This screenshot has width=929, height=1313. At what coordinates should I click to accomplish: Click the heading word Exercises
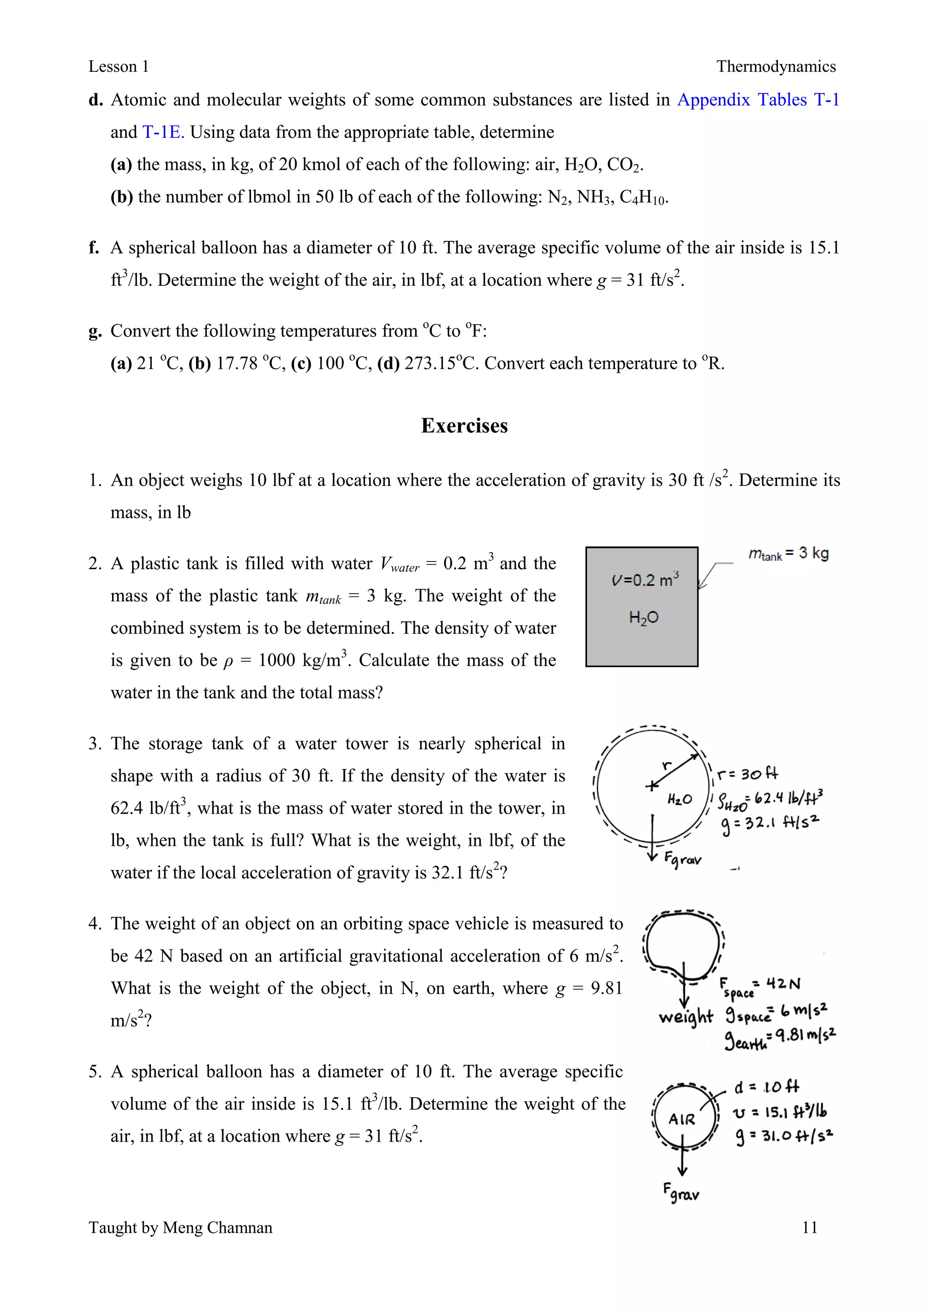pyautogui.click(x=464, y=426)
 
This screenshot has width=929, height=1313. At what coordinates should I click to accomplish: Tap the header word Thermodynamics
pyautogui.click(x=776, y=67)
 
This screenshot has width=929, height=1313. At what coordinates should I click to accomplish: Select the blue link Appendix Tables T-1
pyautogui.click(x=758, y=100)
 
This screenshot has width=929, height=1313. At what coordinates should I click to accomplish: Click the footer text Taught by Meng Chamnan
pyautogui.click(x=180, y=1227)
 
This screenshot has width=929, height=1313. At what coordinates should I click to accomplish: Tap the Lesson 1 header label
pyautogui.click(x=118, y=67)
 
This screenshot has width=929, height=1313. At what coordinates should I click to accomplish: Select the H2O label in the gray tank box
pyautogui.click(x=644, y=618)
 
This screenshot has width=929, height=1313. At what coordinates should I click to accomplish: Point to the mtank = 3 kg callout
pyautogui.click(x=788, y=554)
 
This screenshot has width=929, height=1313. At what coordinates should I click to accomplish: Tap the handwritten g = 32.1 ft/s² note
pyautogui.click(x=770, y=824)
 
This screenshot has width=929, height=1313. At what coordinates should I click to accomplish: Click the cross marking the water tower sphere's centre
pyautogui.click(x=651, y=786)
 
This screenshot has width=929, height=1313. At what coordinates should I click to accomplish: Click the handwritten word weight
pyautogui.click(x=685, y=1017)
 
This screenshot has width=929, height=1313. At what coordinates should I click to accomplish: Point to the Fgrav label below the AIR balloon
pyautogui.click(x=681, y=1192)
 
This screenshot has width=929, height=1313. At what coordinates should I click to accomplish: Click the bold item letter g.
pyautogui.click(x=95, y=332)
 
